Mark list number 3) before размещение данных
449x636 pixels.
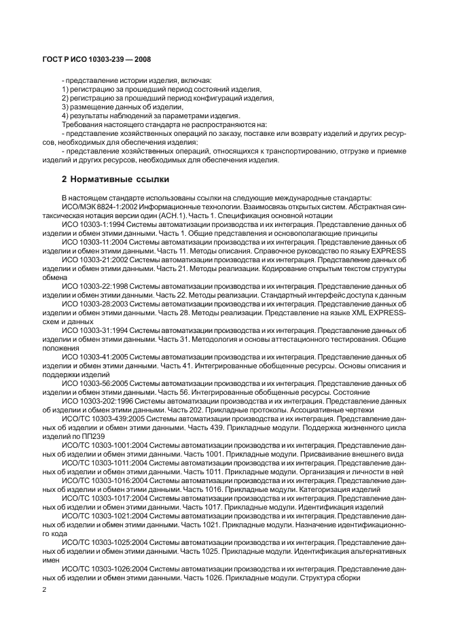pos(65,107)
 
